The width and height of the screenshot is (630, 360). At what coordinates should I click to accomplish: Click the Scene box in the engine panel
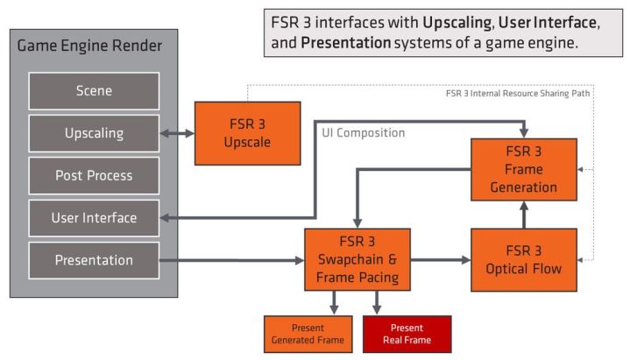94,91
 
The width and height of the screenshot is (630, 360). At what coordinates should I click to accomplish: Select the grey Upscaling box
94,133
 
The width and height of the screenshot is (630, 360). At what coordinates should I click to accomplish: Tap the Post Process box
94,175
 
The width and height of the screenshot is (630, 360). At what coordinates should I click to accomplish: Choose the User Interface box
94,217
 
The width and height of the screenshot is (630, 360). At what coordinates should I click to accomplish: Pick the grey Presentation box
94,260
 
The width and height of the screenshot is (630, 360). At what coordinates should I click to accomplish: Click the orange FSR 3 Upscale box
247,133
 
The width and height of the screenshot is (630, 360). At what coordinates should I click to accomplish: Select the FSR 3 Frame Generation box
524,170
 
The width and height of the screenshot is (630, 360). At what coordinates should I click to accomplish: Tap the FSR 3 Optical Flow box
524,260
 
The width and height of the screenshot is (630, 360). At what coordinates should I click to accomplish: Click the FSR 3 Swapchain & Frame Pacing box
357,260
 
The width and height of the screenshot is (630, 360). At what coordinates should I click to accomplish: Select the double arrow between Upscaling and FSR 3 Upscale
177,134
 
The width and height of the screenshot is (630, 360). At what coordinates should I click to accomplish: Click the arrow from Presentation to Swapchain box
231,260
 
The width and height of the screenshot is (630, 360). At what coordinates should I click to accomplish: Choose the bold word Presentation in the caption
346,42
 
